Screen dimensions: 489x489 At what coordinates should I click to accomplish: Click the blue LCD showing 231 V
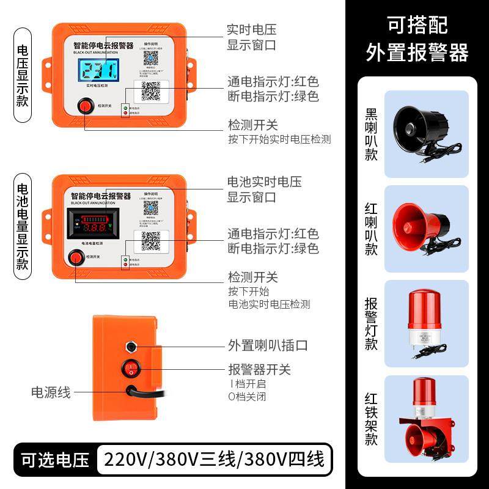pyautogui.click(x=101, y=71)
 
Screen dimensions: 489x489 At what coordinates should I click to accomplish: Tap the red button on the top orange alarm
pyautogui.click(x=84, y=107)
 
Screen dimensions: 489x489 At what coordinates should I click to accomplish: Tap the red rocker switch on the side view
pyautogui.click(x=130, y=369)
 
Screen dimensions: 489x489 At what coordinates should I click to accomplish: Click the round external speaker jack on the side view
pyautogui.click(x=131, y=347)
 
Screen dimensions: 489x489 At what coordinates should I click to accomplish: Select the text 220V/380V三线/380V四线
pyautogui.click(x=214, y=458)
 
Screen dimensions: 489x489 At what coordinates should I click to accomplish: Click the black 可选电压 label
pyautogui.click(x=55, y=458)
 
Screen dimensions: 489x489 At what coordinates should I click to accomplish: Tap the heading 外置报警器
pyautogui.click(x=417, y=53)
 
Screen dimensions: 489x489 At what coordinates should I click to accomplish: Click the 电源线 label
pyautogui.click(x=51, y=392)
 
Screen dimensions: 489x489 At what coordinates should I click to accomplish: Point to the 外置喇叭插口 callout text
pyautogui.click(x=268, y=345)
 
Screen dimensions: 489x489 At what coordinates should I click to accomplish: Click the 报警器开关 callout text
pyautogui.click(x=259, y=369)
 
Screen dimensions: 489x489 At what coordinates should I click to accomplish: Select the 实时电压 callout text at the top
pyautogui.click(x=252, y=29)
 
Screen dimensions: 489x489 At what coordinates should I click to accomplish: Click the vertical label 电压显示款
pyautogui.click(x=23, y=76)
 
